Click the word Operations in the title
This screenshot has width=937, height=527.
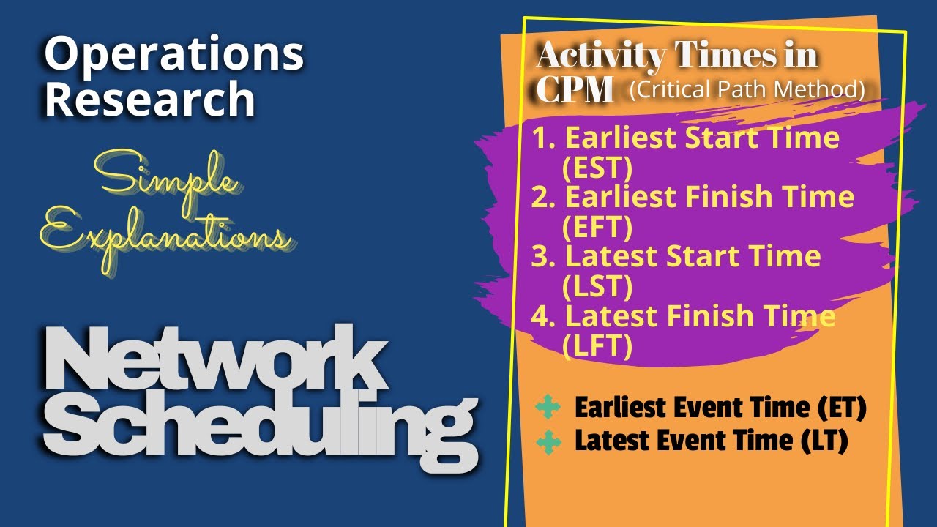click(x=174, y=54)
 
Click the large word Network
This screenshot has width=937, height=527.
click(x=215, y=360)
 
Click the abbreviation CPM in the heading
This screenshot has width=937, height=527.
click(x=574, y=89)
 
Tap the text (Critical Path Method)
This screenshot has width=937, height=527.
click(x=747, y=89)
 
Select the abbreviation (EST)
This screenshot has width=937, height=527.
click(x=597, y=168)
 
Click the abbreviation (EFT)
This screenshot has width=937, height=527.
click(x=597, y=228)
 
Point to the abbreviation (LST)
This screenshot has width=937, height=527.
click(x=597, y=287)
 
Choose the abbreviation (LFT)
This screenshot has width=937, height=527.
click(x=597, y=346)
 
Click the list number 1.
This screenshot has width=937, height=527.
click(x=541, y=138)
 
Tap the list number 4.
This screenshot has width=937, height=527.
click(x=540, y=317)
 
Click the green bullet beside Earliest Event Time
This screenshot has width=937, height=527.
click(x=548, y=408)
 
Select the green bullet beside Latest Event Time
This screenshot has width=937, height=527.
click(x=548, y=442)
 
